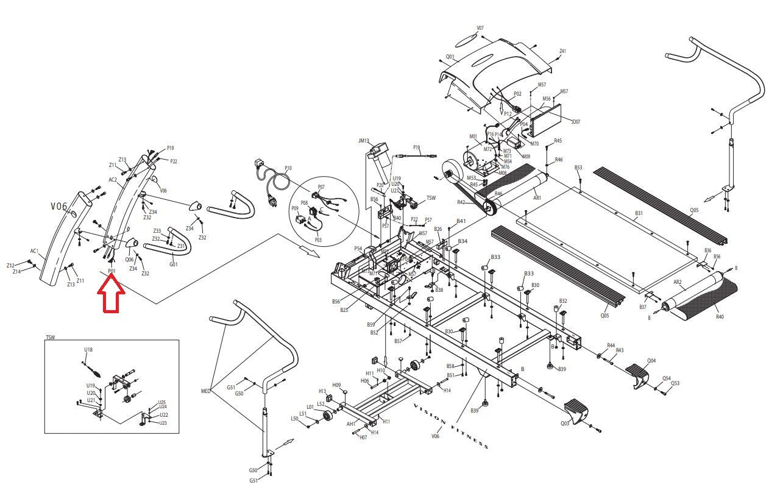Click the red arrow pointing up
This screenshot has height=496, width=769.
coord(112,294)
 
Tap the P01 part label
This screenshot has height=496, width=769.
coord(112,271)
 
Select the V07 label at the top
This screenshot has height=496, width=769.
coord(480,28)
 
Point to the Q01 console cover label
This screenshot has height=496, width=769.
coord(450,57)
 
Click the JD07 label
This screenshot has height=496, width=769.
coord(575,121)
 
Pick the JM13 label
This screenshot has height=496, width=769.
coord(364,141)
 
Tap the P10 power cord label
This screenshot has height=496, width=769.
coord(288,168)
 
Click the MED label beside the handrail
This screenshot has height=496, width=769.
coord(205,391)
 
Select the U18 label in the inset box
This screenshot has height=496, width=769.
coord(88,350)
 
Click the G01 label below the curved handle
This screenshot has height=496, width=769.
coord(174,264)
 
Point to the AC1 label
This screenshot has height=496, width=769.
coord(35,251)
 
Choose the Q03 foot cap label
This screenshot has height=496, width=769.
coord(565,423)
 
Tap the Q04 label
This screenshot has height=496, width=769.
coord(651,361)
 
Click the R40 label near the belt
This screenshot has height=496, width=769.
coord(720,317)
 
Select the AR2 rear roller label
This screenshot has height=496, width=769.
coord(677,282)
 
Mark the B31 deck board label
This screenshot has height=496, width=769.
coord(639,213)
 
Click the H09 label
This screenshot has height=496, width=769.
coord(336,385)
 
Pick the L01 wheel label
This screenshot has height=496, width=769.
coord(310,406)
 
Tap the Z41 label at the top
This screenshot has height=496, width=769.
coord(562,51)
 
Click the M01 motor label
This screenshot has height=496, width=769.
coord(473,136)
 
